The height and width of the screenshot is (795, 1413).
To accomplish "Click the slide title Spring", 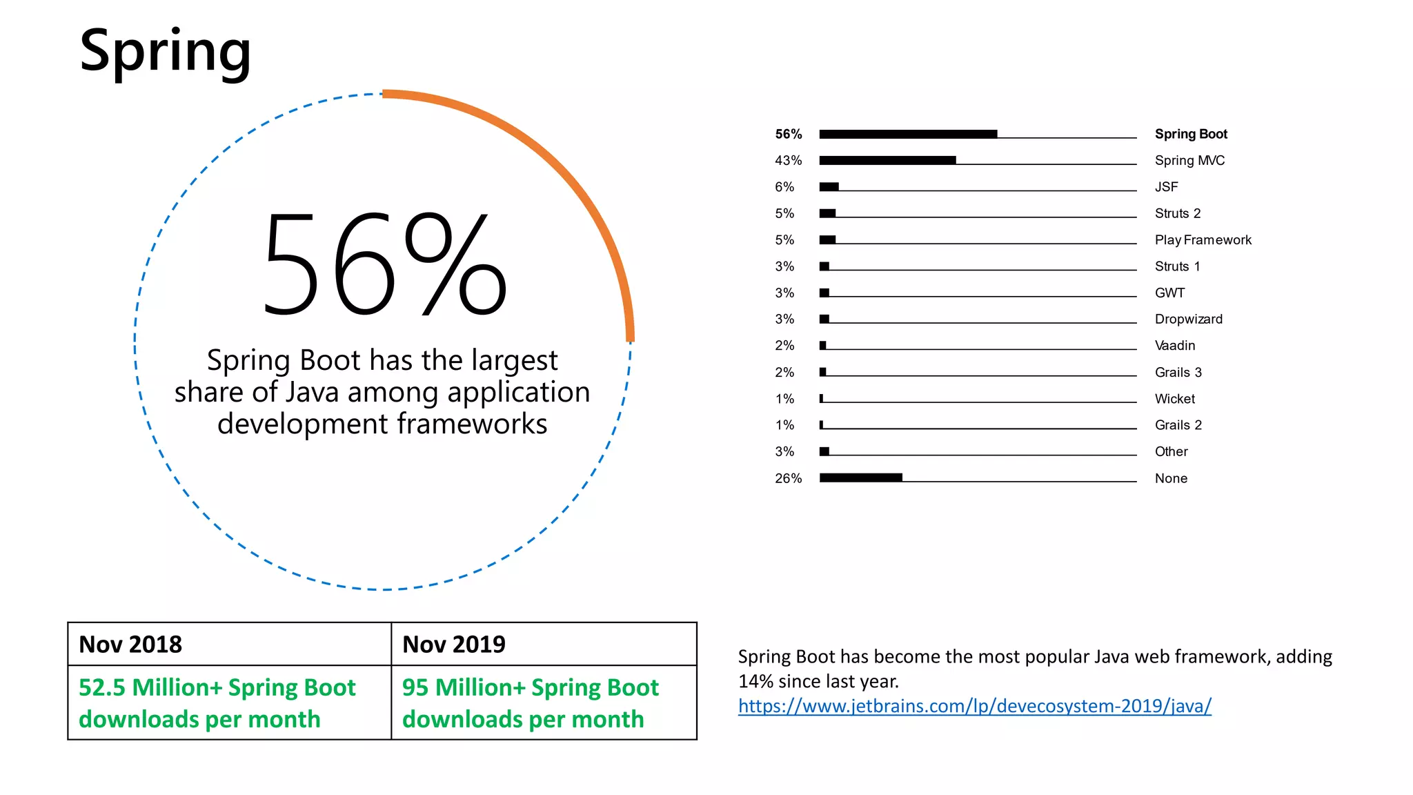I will pos(165,51).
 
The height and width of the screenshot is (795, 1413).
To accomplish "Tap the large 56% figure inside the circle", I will pos(384,264).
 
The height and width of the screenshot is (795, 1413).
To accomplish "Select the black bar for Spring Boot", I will pos(908,134).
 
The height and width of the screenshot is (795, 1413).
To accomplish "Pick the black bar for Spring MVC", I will pos(887,160).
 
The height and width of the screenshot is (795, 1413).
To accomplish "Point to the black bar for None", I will pos(860,478).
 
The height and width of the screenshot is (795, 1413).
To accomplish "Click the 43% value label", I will pos(788,160).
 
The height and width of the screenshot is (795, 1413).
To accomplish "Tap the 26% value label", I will pos(788,478).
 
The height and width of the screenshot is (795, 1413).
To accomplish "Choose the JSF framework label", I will pos(1166,187).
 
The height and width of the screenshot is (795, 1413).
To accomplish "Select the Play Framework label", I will pos(1203,240).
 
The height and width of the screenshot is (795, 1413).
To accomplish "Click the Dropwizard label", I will pos(1188,319).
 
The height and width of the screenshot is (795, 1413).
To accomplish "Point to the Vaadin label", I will pos(1174,346).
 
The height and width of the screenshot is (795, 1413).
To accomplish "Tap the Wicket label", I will pos(1174,399).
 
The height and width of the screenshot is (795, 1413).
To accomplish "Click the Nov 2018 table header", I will pos(130,645).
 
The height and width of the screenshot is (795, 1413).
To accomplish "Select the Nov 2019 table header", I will pos(454,645).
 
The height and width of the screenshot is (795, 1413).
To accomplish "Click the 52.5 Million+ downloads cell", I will pos(217,703).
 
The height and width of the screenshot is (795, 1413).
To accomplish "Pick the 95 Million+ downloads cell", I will pos(530,703).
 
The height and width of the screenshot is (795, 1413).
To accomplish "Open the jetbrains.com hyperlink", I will pos(974,706).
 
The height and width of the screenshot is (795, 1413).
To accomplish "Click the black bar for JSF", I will pos(829,187).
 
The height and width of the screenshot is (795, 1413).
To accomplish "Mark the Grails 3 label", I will pos(1178,373).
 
